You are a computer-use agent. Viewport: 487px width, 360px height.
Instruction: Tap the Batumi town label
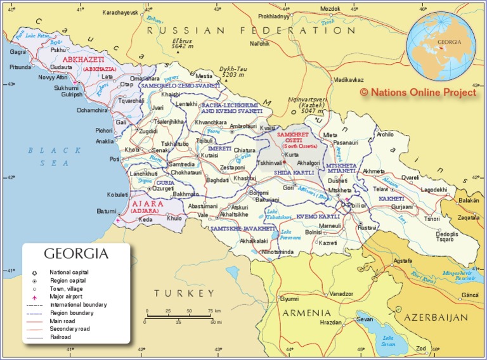106,210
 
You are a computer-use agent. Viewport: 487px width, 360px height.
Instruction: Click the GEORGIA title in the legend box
76,254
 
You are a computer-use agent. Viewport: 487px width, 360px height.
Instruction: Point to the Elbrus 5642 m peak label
183,43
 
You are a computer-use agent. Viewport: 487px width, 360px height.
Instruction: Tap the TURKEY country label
185,293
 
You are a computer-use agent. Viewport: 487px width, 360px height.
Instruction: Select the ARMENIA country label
307,313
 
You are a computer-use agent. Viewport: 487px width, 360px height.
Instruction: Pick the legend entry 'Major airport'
67,297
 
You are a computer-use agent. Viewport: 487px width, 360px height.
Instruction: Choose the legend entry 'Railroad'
60,337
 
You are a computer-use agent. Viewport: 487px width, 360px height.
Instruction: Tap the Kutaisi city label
209,155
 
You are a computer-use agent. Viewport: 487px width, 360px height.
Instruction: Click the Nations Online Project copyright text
417,92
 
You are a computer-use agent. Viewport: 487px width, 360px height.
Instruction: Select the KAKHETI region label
391,198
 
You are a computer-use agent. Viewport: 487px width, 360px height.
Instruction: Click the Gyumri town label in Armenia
289,298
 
